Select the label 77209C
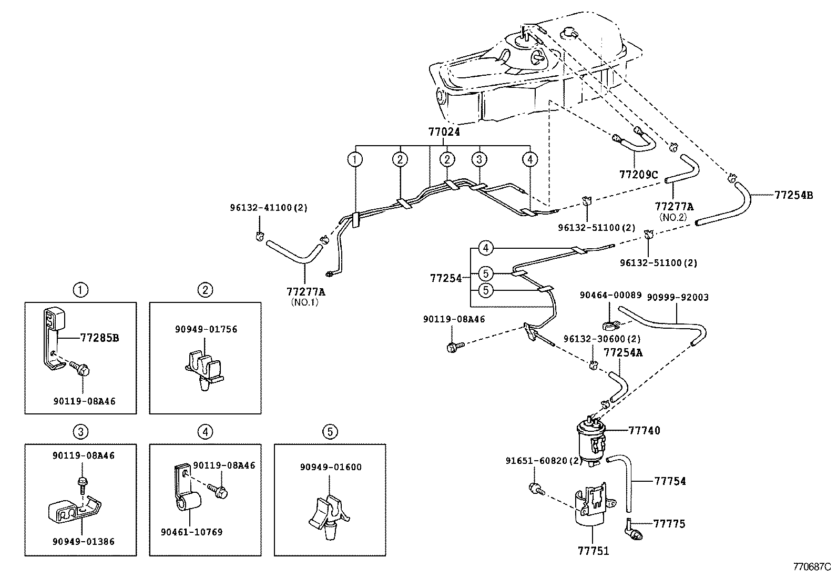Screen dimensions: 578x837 pyautogui.click(x=638, y=175)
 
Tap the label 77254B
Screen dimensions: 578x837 pyautogui.click(x=793, y=195)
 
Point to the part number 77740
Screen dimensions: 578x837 pyautogui.click(x=645, y=430)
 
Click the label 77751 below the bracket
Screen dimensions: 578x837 pyautogui.click(x=593, y=551)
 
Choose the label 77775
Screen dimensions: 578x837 pyautogui.click(x=669, y=523)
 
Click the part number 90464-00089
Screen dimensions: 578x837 pyautogui.click(x=610, y=295)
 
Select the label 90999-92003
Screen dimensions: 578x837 pyautogui.click(x=677, y=297)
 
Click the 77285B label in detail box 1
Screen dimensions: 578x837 pyautogui.click(x=99, y=338)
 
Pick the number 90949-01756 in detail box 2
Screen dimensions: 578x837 pyautogui.click(x=206, y=329)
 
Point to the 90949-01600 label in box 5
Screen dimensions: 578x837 pyautogui.click(x=331, y=467)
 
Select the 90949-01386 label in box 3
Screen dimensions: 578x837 pyautogui.click(x=83, y=541)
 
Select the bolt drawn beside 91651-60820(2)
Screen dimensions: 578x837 pyautogui.click(x=535, y=488)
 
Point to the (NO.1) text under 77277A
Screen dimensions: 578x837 pyautogui.click(x=305, y=302)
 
